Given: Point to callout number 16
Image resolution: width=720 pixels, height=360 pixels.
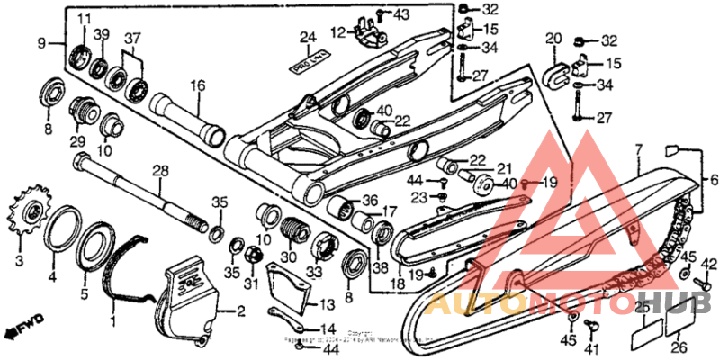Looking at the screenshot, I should pos(197,86).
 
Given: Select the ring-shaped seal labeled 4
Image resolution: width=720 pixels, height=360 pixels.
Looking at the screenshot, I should pos(60,231).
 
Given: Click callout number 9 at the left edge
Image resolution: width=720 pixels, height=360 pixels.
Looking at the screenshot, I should pos(40,43).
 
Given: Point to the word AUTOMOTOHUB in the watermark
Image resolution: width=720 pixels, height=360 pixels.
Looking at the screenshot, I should pos(568,302).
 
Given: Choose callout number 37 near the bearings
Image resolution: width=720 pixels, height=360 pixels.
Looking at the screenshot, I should pos(132,39).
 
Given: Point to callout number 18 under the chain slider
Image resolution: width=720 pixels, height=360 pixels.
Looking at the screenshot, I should pos(396,283).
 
